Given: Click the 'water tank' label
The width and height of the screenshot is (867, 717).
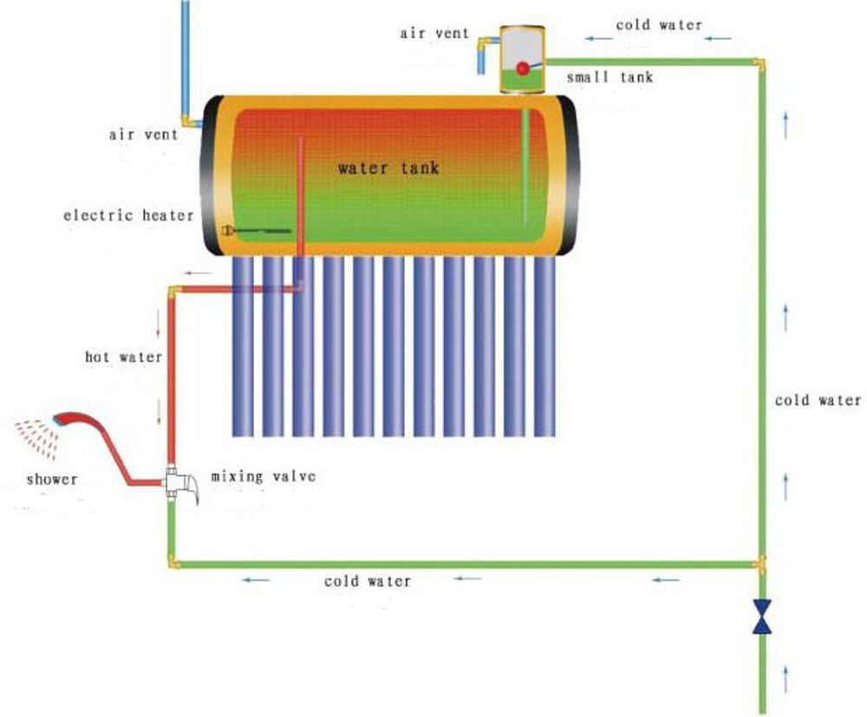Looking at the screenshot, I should click(388, 167).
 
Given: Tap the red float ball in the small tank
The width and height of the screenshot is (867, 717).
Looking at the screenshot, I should click(523, 68).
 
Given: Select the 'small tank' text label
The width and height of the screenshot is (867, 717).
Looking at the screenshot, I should click(610, 77).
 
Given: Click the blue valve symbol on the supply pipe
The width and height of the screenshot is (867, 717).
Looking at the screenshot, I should click(762, 616).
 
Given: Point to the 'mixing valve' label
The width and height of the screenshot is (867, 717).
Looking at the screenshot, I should click(264, 477).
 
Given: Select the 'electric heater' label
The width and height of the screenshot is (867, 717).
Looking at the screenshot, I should click(128, 215).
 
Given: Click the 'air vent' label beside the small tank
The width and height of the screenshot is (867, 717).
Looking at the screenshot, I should click(434, 34).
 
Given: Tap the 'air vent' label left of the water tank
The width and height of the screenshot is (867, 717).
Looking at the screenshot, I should click(144, 134).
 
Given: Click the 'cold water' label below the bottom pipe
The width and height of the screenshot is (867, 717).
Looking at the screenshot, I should click(368, 581).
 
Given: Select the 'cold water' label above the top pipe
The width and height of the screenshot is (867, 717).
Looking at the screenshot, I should click(659, 25).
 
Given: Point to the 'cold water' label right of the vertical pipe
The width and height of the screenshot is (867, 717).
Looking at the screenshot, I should click(818, 401).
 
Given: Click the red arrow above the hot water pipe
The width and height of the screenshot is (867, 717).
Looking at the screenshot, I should click(199, 274).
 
